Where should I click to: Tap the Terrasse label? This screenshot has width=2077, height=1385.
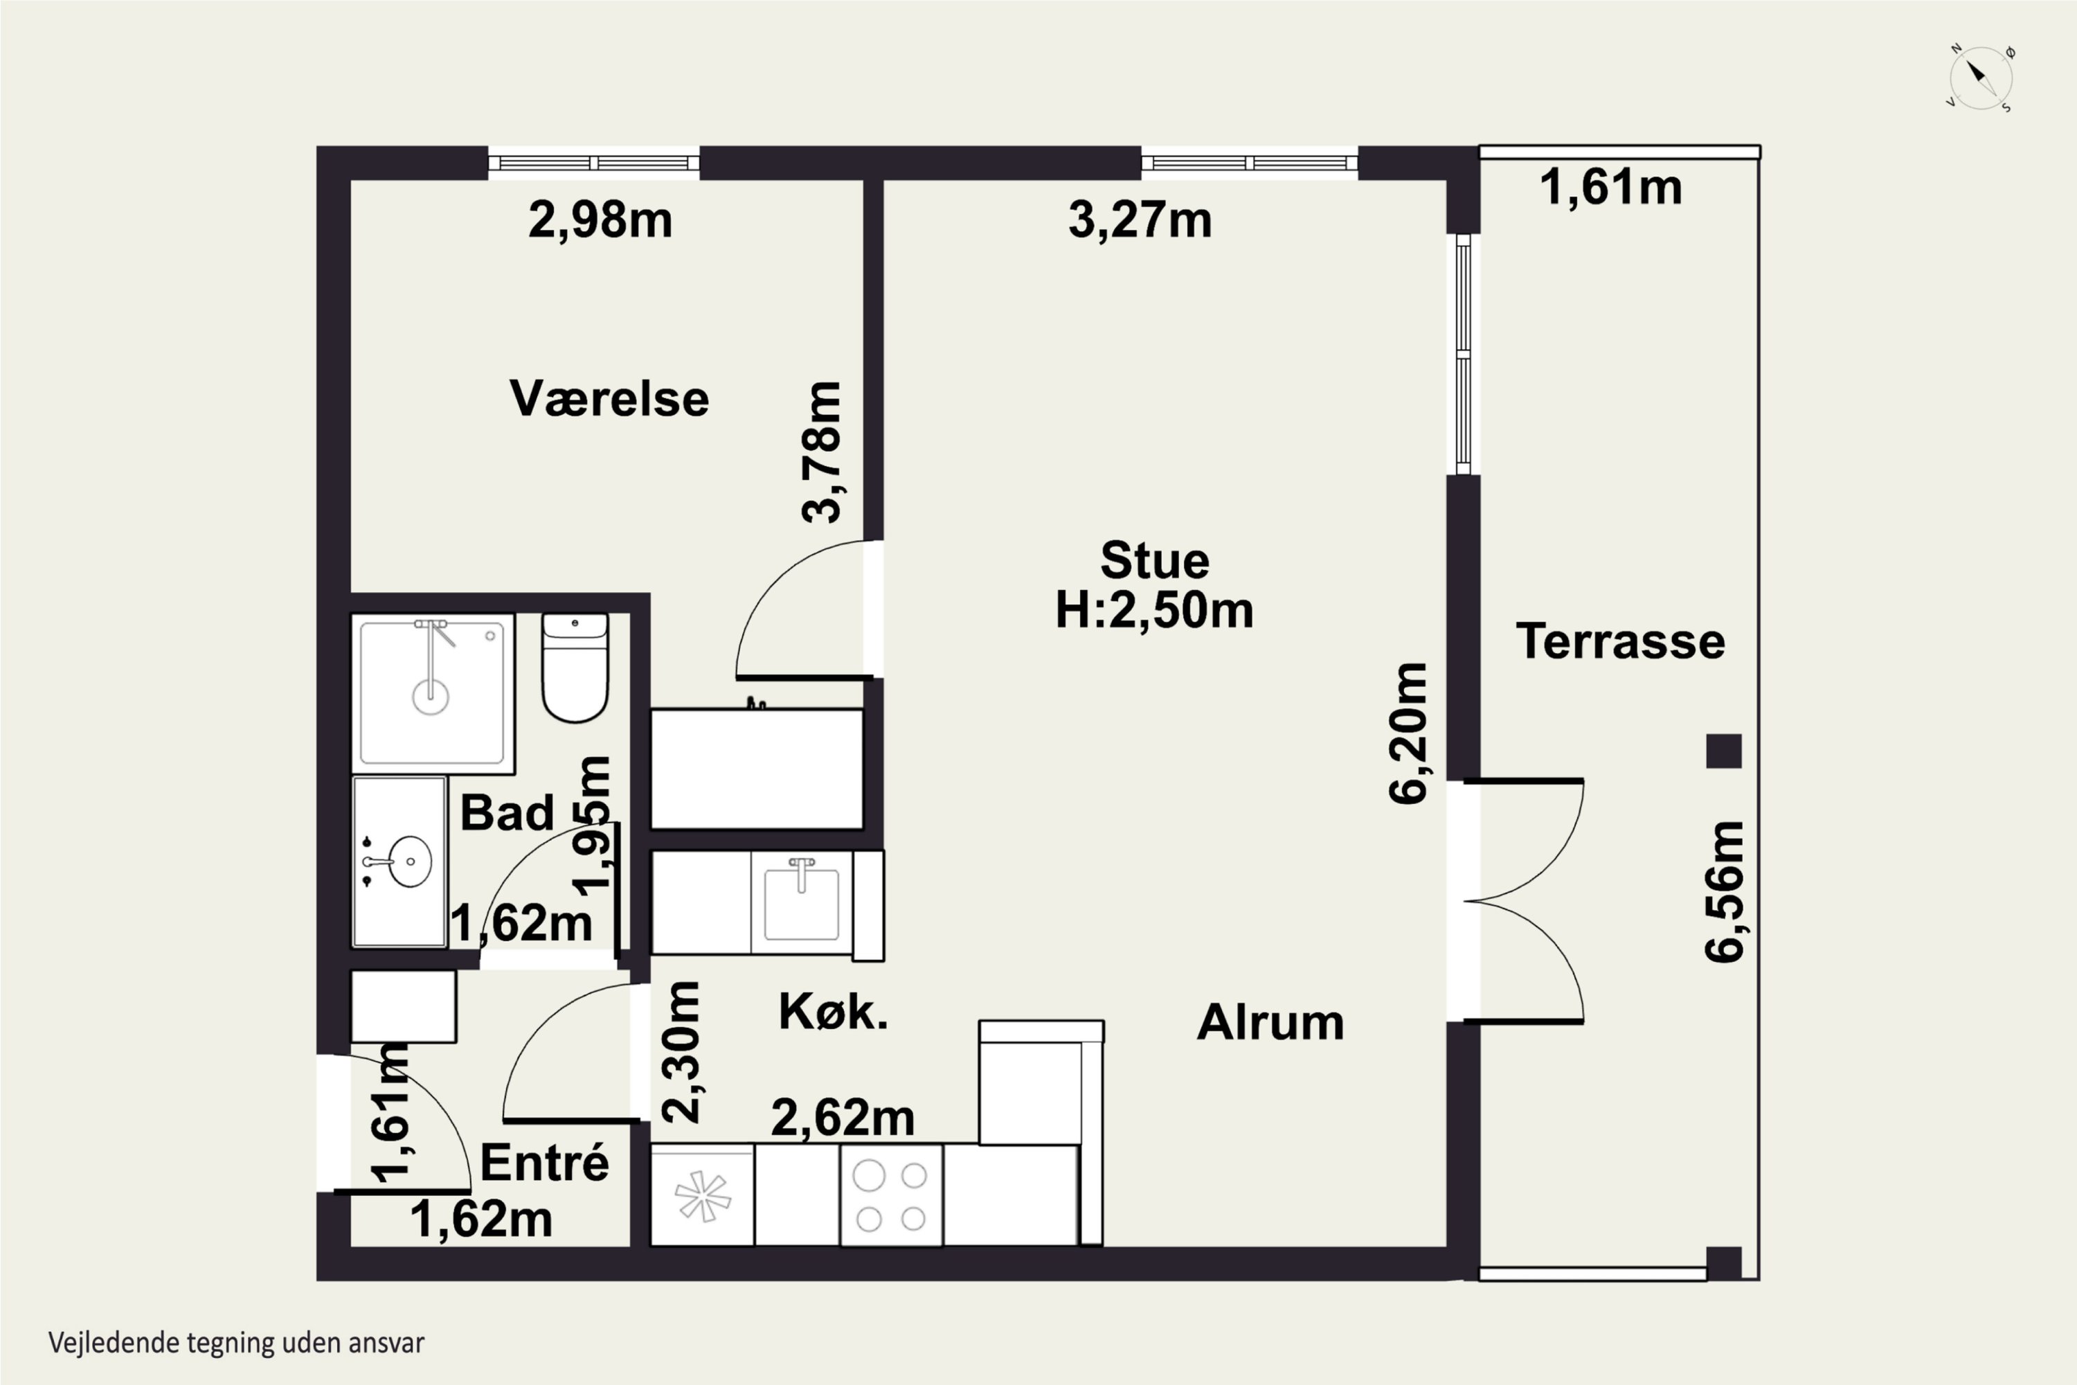1621,641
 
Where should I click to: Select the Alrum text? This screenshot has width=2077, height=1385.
1270,1023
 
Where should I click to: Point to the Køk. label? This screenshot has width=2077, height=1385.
833,1012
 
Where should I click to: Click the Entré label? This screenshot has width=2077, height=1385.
545,1163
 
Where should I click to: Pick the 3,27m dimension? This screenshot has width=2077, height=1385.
1140,220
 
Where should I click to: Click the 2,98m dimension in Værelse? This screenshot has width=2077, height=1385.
600,220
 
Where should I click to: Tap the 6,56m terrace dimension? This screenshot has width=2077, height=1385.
1725,891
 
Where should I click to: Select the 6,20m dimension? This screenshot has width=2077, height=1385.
1408,733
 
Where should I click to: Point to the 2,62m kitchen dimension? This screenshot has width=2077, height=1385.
843,1118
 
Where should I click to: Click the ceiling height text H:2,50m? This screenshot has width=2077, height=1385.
1154,610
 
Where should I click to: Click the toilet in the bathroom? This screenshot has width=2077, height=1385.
575,668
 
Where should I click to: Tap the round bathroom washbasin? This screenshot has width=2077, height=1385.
410,861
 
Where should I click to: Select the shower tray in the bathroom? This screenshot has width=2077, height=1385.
433,693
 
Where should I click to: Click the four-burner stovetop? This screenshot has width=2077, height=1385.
891,1196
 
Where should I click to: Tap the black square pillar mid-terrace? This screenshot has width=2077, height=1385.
1724,751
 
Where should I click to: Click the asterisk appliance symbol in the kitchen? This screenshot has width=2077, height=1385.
703,1197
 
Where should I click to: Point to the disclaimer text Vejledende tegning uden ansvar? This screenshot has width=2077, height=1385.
237,1343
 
